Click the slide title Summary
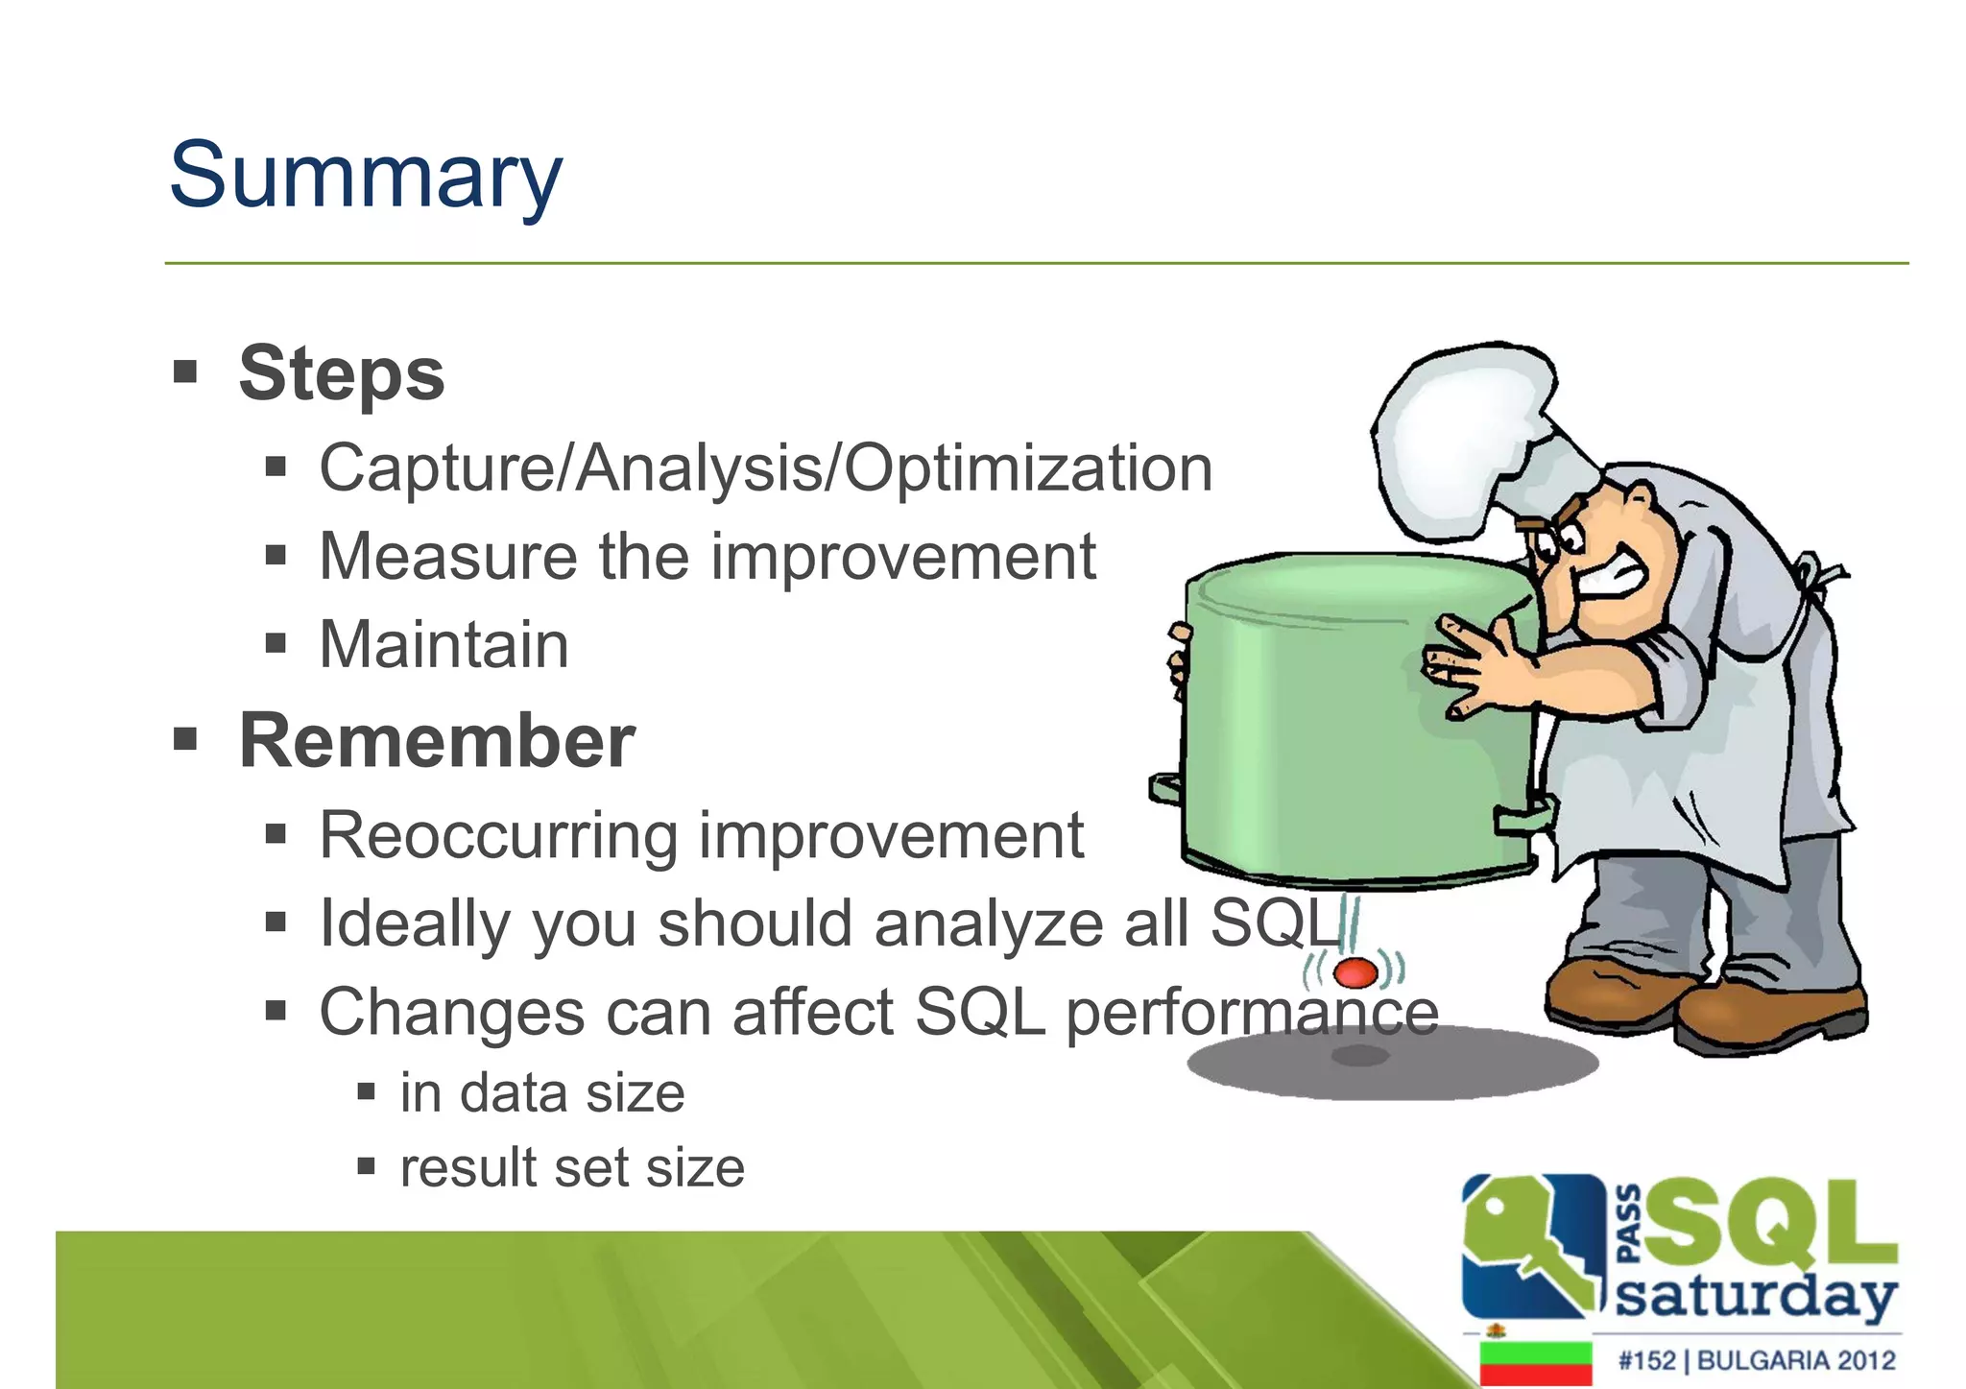pyautogui.click(x=365, y=176)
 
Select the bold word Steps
pyautogui.click(x=342, y=373)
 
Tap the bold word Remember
pyautogui.click(x=437, y=741)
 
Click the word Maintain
pyautogui.click(x=444, y=644)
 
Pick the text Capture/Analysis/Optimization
pyautogui.click(x=765, y=468)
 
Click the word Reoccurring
pyautogui.click(x=499, y=836)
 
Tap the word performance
pyautogui.click(x=1252, y=1013)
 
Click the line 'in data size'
pyautogui.click(x=542, y=1093)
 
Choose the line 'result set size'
pyautogui.click(x=572, y=1168)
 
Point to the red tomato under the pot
pyautogui.click(x=1355, y=972)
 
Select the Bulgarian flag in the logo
pyautogui.click(x=1536, y=1362)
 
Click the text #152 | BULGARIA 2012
pyautogui.click(x=1757, y=1360)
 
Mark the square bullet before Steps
pyautogui.click(x=185, y=371)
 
